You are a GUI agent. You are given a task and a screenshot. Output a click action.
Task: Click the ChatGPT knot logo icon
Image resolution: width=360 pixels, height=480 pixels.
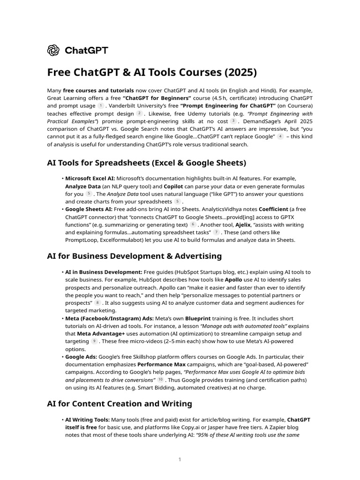53,50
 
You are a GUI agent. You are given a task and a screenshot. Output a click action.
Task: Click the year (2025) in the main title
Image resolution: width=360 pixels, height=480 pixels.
240,73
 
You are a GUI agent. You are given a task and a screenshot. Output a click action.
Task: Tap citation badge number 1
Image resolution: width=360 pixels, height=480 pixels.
100,106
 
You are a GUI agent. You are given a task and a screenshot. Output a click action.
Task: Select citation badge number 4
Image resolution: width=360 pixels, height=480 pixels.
280,136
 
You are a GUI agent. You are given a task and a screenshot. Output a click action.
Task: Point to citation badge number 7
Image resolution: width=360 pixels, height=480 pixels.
216,232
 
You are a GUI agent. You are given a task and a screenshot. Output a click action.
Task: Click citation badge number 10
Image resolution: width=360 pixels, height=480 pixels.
160,379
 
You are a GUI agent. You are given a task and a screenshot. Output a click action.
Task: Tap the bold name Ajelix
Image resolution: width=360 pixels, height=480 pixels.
242,225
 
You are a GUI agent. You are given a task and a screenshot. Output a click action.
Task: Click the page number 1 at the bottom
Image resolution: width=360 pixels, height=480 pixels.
180,459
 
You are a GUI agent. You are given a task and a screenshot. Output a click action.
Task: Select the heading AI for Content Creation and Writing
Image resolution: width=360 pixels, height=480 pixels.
120,404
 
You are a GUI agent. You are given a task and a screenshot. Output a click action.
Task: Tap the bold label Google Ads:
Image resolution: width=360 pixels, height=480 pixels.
81,357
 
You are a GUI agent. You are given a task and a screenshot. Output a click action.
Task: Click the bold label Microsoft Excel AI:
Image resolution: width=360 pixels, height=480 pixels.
90,179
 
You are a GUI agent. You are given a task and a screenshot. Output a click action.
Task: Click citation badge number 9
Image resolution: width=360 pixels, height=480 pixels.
94,341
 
